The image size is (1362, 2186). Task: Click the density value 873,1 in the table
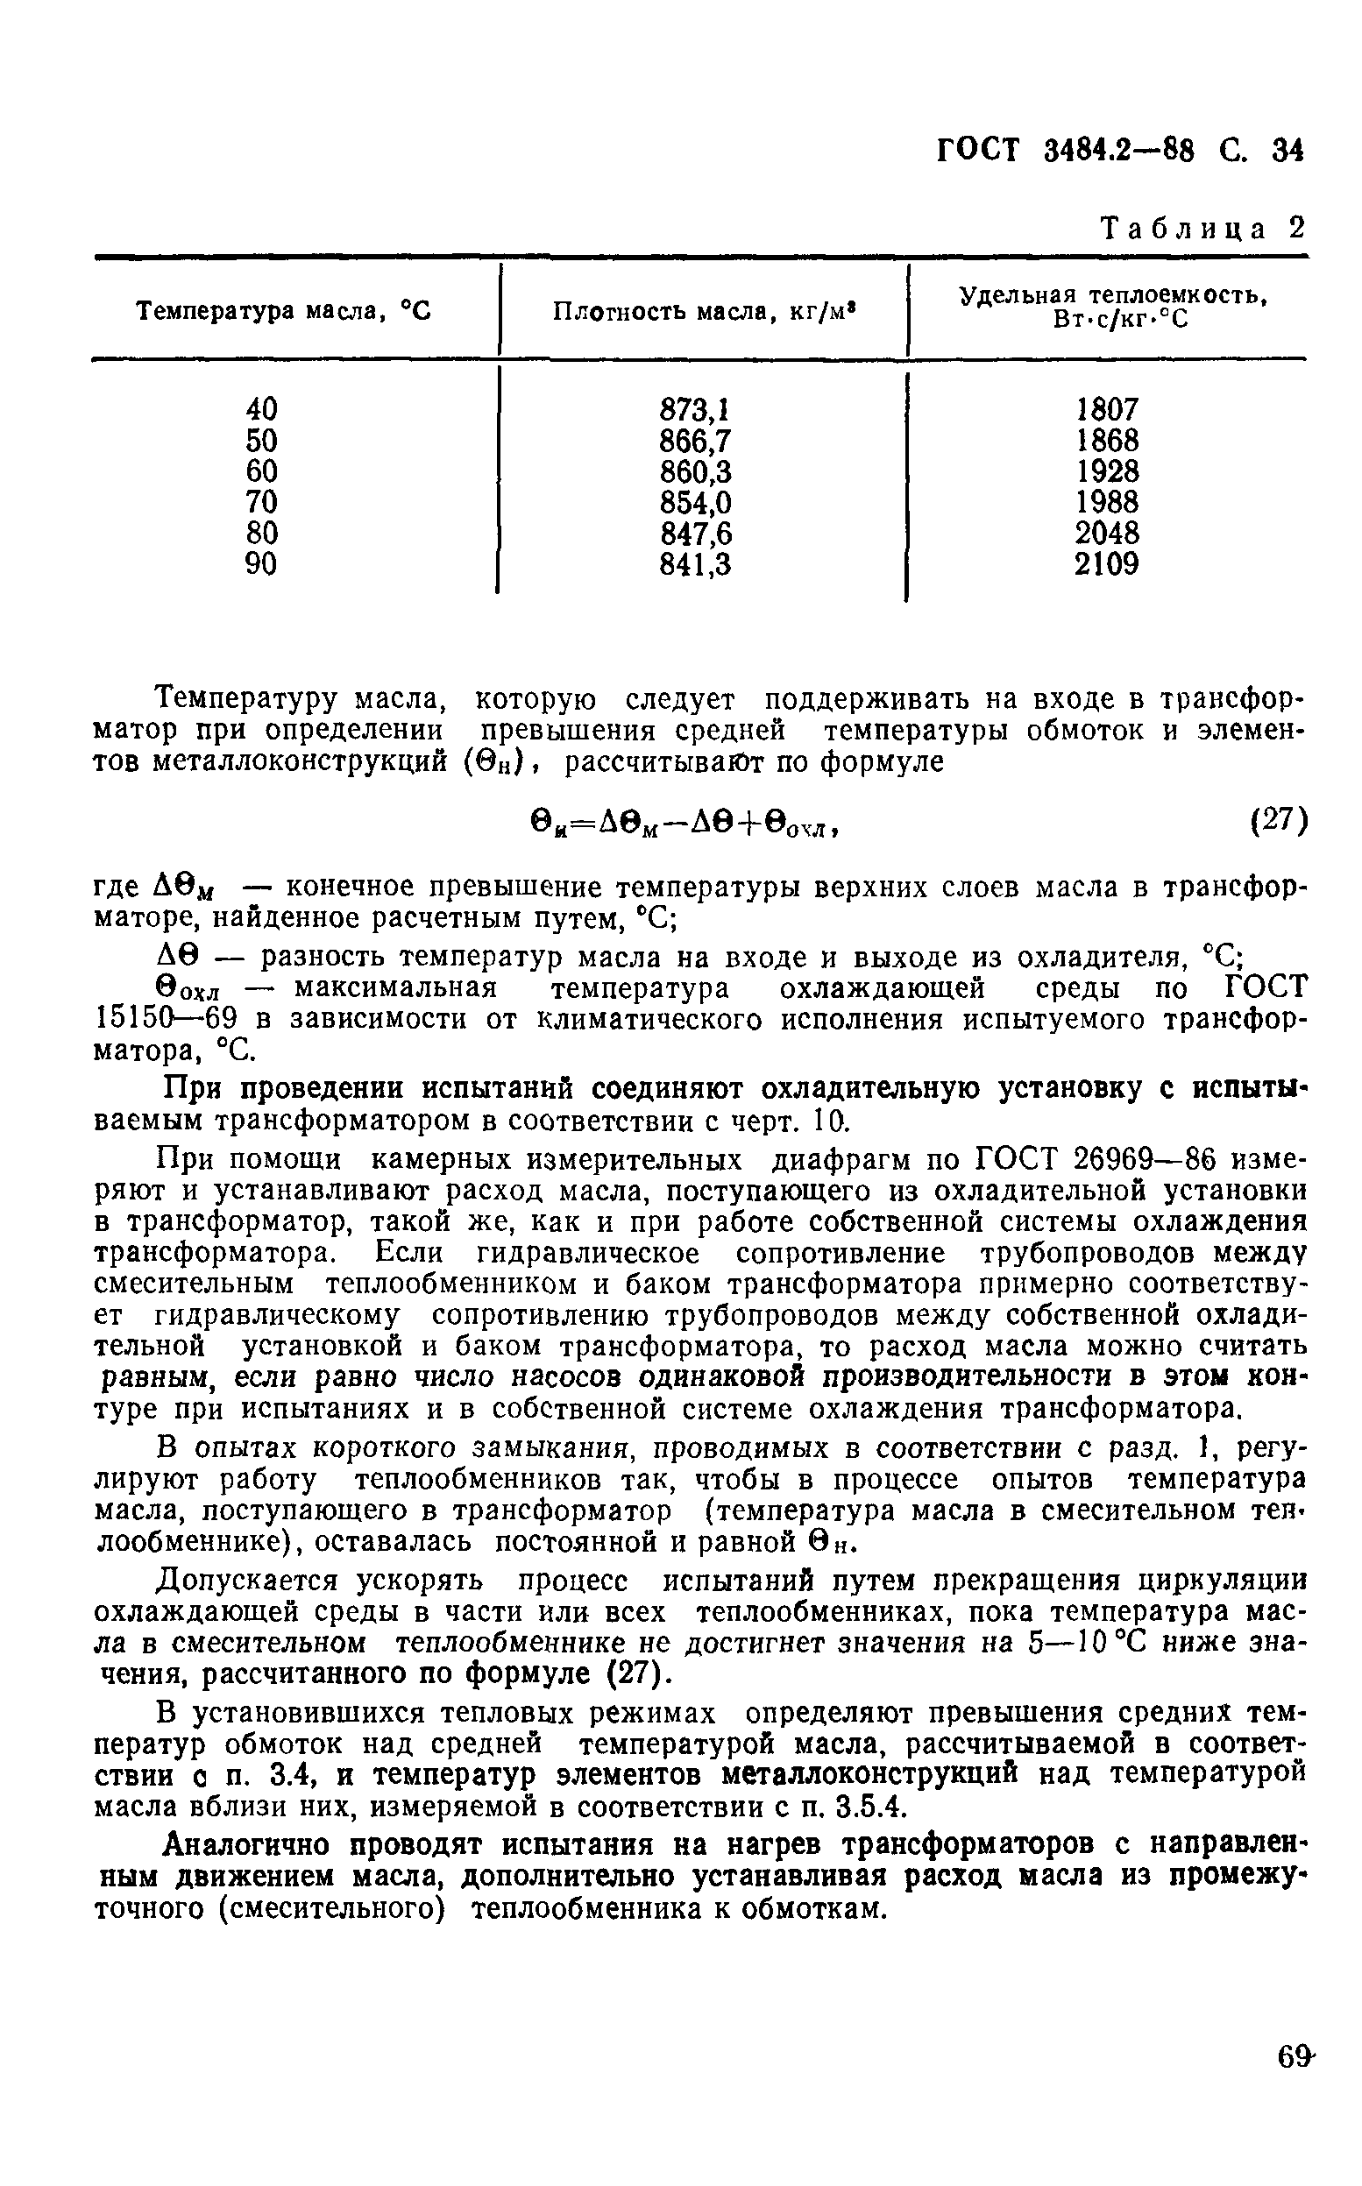(x=694, y=410)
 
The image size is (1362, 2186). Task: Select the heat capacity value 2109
(x=1106, y=564)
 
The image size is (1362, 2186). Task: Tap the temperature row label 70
(x=261, y=502)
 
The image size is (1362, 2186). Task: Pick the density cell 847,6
(x=695, y=534)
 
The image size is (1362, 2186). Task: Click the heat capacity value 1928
(x=1106, y=470)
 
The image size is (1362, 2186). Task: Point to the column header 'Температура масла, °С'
(x=284, y=312)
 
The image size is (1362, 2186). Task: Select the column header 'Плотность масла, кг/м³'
(x=703, y=312)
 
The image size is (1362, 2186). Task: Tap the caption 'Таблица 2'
(x=1202, y=229)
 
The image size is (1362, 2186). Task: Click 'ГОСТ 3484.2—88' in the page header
(x=1066, y=152)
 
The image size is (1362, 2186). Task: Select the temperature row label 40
(x=261, y=410)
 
